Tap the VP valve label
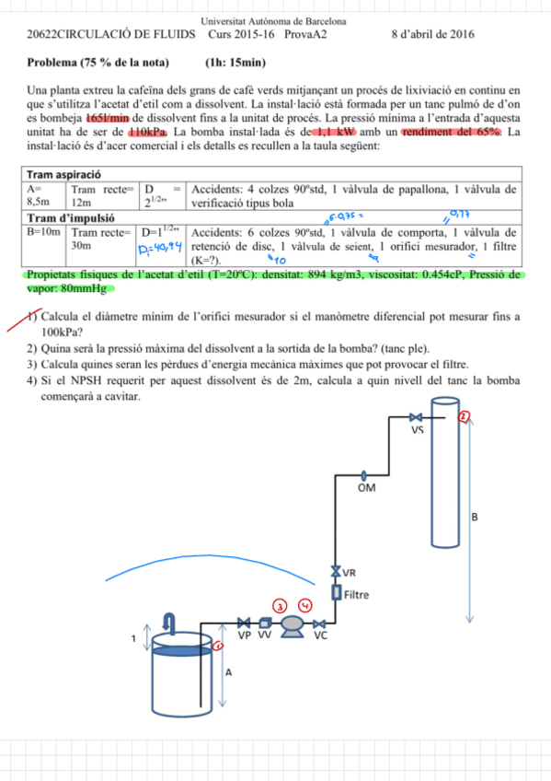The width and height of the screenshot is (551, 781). [x=245, y=635]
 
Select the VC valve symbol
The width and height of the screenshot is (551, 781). [x=321, y=624]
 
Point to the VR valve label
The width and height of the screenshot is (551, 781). [x=349, y=572]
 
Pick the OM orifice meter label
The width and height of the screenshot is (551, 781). [x=366, y=488]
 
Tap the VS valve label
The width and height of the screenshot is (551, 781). [x=417, y=428]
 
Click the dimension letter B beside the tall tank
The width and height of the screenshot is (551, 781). [x=475, y=518]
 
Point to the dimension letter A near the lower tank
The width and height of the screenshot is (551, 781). [x=228, y=672]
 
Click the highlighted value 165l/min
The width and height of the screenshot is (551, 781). [x=109, y=120]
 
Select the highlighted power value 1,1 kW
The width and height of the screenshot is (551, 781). [x=334, y=133]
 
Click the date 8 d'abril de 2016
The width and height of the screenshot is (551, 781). [x=432, y=34]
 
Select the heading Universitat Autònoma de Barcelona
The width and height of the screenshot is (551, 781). [x=273, y=19]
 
